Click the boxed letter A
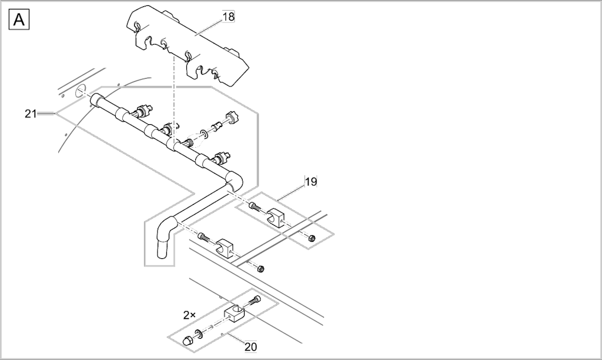coord(19,19)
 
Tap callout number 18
coord(229,16)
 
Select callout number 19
coord(311,182)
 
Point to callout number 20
coord(250,347)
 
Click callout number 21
coord(31,114)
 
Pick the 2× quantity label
coord(189,315)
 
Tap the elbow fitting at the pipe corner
coord(234,181)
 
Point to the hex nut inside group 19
coord(312,238)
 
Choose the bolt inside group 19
coord(255,206)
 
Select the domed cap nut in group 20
coord(188,341)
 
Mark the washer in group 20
coord(199,334)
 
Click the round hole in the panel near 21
coord(81,91)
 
